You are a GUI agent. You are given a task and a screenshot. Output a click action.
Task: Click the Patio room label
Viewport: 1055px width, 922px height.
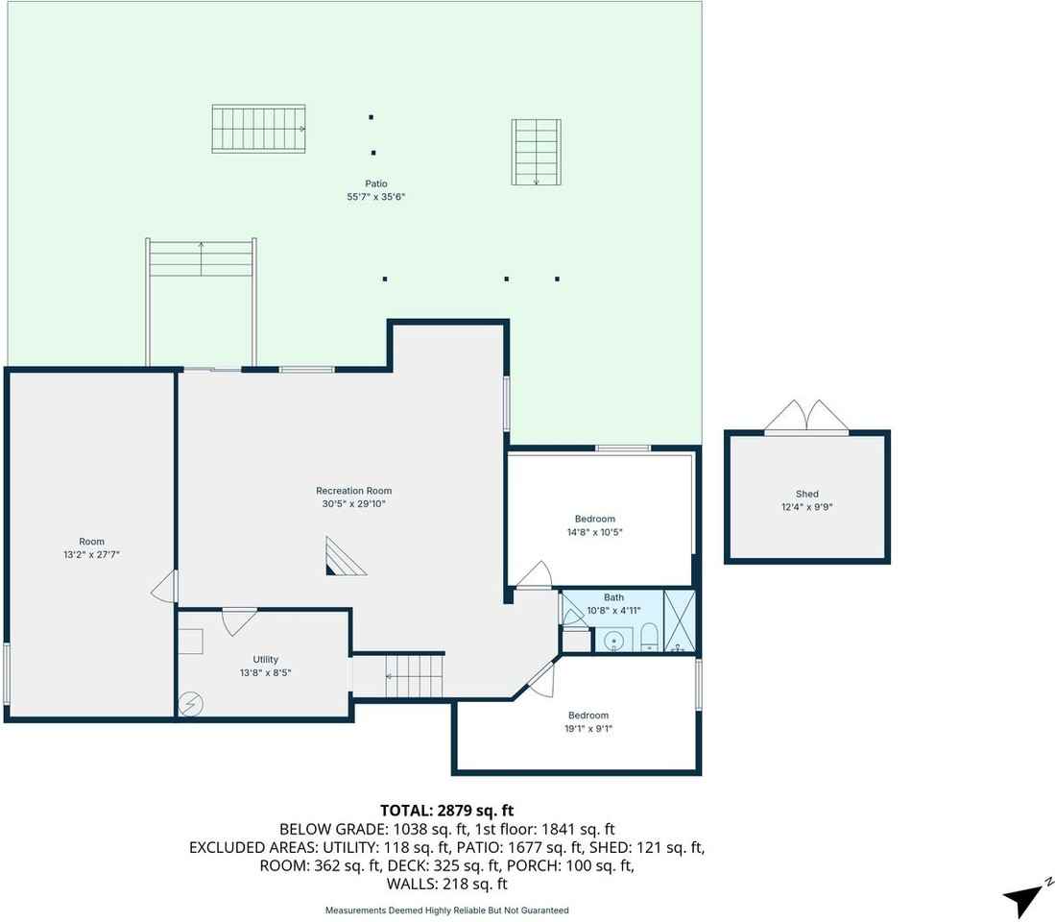[x=375, y=183]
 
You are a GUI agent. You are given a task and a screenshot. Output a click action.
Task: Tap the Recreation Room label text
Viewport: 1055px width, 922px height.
[x=354, y=491]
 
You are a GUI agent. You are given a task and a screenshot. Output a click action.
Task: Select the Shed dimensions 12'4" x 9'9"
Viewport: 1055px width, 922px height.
[x=806, y=507]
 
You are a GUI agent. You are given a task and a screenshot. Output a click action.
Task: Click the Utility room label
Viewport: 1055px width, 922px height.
[x=266, y=660]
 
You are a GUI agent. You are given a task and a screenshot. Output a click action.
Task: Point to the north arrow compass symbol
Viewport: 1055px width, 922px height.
[x=1023, y=899]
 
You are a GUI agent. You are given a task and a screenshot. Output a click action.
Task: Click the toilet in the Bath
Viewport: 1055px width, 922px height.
[x=648, y=637]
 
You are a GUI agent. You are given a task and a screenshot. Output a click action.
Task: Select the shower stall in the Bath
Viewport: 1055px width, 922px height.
[x=680, y=622]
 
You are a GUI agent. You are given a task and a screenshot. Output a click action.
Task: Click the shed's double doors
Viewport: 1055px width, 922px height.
[x=806, y=417]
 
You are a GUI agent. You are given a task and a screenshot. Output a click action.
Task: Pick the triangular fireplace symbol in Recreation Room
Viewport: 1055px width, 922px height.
[x=344, y=557]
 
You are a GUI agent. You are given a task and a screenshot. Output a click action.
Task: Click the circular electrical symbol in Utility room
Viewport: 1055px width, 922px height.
[x=190, y=704]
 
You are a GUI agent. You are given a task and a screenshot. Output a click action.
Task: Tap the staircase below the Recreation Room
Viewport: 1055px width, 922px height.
[x=416, y=674]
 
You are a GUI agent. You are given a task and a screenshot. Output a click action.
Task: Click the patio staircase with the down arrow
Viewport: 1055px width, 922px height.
[x=536, y=152]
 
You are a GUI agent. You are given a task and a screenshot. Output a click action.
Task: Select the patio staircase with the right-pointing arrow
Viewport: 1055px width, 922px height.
[x=258, y=129]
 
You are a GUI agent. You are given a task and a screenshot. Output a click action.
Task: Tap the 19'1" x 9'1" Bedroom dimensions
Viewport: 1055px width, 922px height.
[x=587, y=729]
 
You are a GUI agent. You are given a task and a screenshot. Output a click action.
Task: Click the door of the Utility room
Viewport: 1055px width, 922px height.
[x=238, y=620]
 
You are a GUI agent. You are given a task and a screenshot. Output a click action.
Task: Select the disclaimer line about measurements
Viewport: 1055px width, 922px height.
[x=446, y=910]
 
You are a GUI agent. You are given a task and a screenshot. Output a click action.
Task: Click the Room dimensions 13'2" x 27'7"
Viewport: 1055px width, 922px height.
[x=92, y=554]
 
